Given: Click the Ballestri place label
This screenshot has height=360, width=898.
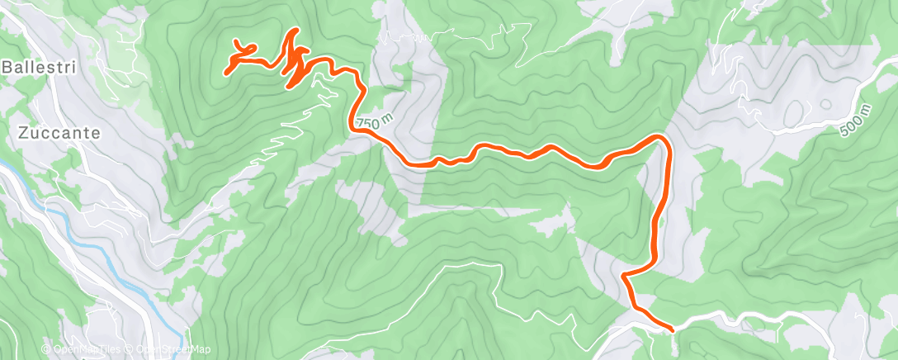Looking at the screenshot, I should coord(40,68).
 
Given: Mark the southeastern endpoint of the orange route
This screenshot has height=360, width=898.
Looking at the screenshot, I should coord(672,329).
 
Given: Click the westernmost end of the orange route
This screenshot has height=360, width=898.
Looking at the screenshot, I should coord(226,73).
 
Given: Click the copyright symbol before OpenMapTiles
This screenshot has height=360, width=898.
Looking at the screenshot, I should coord(46,350).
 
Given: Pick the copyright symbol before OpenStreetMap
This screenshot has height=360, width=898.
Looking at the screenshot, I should coord(130,350).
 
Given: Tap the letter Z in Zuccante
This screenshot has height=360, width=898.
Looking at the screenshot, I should coord(22,132).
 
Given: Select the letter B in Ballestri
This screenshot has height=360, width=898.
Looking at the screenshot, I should coord(7,68).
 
